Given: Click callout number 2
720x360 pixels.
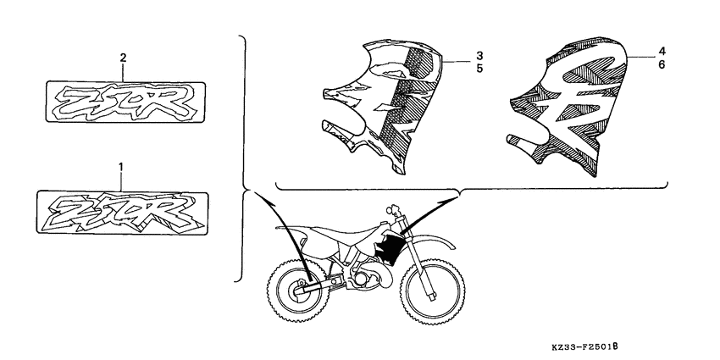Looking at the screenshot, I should coord(124,58).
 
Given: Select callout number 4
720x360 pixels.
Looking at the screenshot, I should coord(661,51).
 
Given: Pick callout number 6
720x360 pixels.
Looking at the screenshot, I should coord(661,65).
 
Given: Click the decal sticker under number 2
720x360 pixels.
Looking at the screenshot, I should coord(125,99).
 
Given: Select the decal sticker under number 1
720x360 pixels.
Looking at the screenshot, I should coord(125,208).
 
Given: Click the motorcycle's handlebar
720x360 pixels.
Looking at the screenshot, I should coord(394,208).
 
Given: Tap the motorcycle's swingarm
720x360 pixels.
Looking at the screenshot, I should coord(326,284).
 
